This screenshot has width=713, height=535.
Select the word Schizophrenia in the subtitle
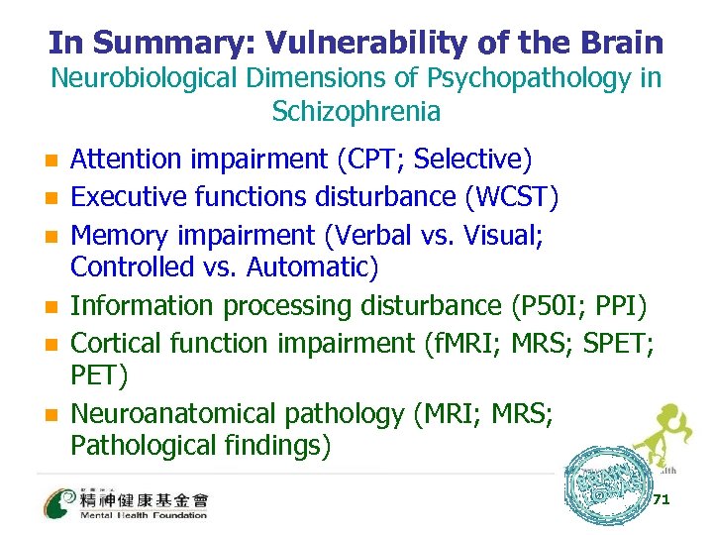(x=356, y=111)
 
